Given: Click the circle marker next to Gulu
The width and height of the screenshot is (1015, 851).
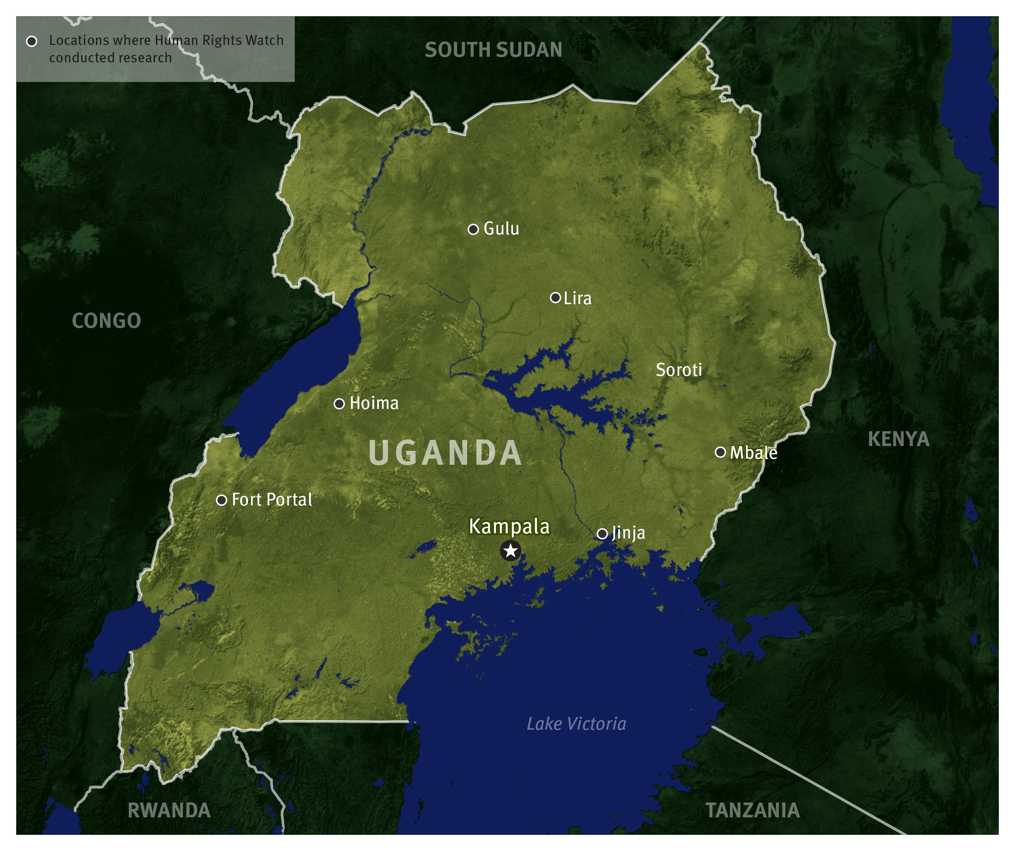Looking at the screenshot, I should pyautogui.click(x=473, y=229).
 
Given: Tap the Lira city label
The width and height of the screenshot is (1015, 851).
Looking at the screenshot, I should pyautogui.click(x=577, y=298).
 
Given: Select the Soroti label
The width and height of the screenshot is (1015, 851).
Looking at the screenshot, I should pyautogui.click(x=678, y=370).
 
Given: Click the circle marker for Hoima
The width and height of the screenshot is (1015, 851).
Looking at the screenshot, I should pyautogui.click(x=339, y=404).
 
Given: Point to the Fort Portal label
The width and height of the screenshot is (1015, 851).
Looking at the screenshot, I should pyautogui.click(x=272, y=500).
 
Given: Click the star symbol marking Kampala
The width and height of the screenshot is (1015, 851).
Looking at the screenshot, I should pyautogui.click(x=510, y=550).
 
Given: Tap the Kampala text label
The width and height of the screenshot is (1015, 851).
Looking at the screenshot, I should pyautogui.click(x=509, y=527).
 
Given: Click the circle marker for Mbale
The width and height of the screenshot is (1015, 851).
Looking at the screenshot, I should pyautogui.click(x=720, y=452).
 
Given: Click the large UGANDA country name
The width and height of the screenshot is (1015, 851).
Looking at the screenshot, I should pyautogui.click(x=445, y=453).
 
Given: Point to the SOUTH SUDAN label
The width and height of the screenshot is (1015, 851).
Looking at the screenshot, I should pyautogui.click(x=493, y=50).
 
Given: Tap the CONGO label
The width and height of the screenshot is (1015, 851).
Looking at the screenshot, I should pyautogui.click(x=107, y=321).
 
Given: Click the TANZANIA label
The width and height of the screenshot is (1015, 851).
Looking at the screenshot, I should pyautogui.click(x=753, y=810).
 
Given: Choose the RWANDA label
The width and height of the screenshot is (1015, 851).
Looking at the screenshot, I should pyautogui.click(x=169, y=810).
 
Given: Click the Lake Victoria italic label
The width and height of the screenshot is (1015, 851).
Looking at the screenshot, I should pyautogui.click(x=576, y=724).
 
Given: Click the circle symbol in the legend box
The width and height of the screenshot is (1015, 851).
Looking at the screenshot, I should pyautogui.click(x=32, y=41).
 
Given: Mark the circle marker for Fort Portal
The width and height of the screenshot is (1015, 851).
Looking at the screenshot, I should pyautogui.click(x=221, y=500).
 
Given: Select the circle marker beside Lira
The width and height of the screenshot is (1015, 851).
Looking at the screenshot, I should pyautogui.click(x=555, y=298).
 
